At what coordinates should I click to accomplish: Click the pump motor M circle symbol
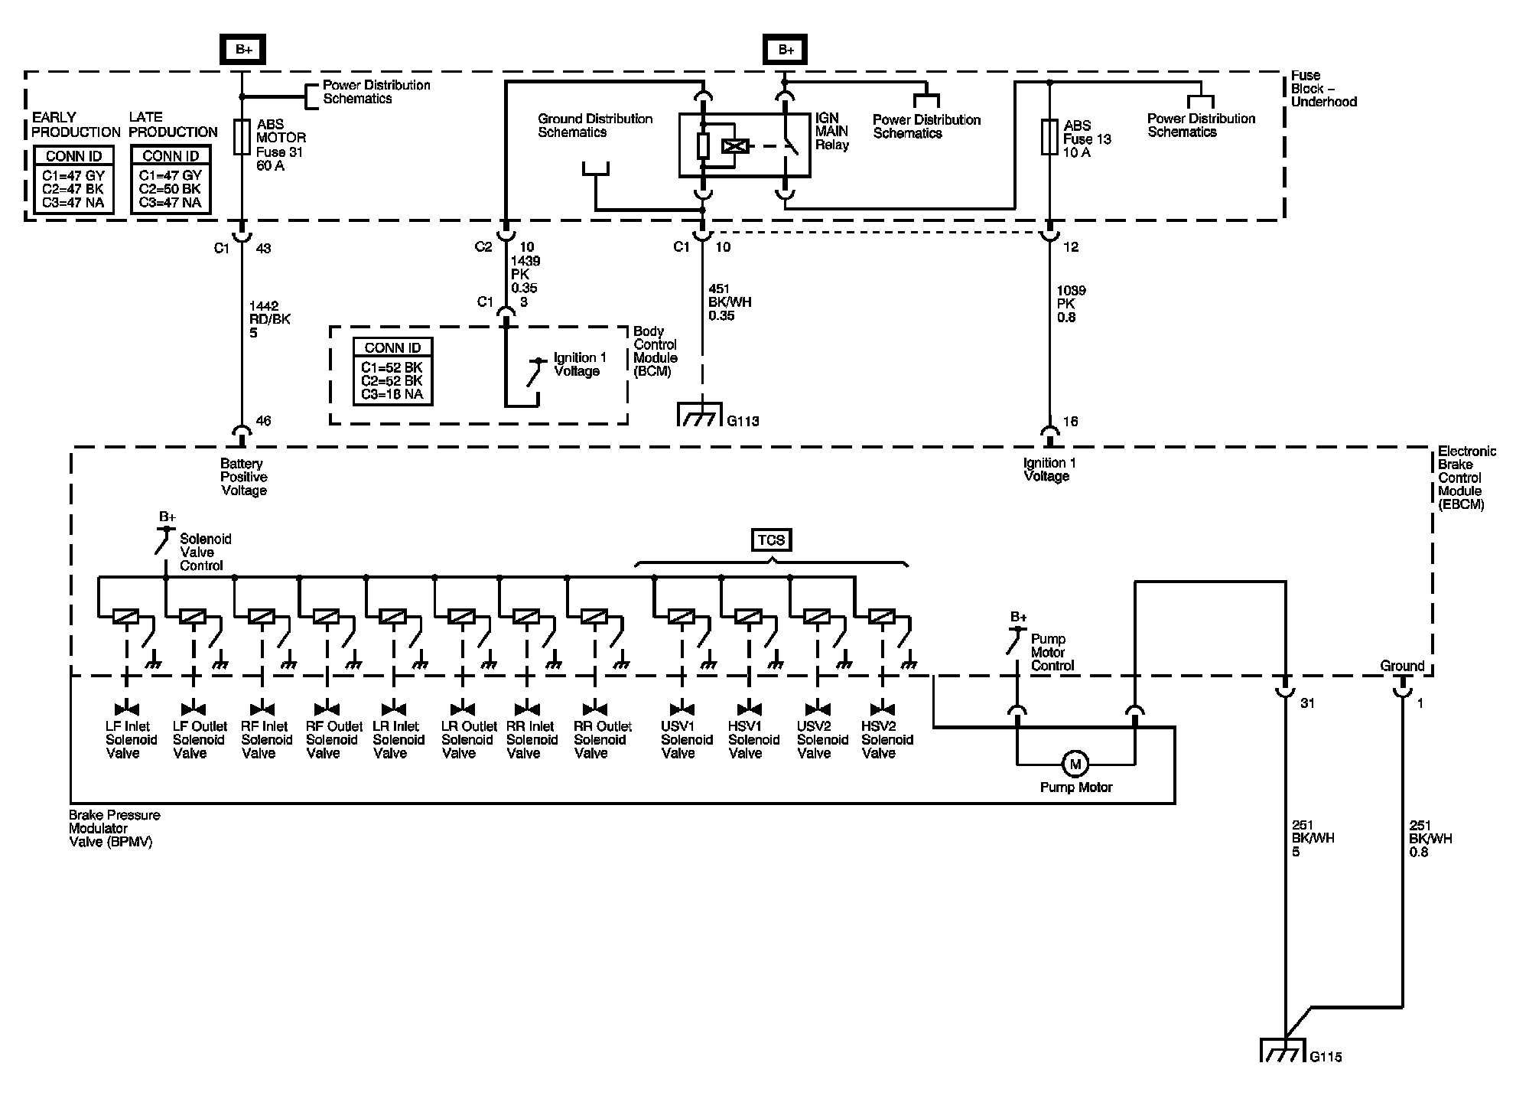(x=1075, y=764)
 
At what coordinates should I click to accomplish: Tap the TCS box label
(x=771, y=540)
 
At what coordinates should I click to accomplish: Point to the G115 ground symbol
(x=1283, y=1050)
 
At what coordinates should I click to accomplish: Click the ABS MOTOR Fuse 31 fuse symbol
(x=242, y=138)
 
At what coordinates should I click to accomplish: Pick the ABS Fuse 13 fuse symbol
(x=1049, y=136)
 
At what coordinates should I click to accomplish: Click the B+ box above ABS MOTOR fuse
(x=243, y=50)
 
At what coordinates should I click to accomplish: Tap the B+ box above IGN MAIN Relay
(x=786, y=50)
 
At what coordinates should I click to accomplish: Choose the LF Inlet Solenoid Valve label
(x=131, y=739)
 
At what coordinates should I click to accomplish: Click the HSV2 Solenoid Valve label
(x=887, y=739)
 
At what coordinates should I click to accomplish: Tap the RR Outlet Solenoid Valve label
(x=603, y=739)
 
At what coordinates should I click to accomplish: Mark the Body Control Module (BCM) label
(x=656, y=351)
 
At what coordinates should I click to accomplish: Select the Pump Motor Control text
(x=1052, y=652)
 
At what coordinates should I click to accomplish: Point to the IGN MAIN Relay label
(x=832, y=131)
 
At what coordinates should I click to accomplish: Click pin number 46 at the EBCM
(x=263, y=421)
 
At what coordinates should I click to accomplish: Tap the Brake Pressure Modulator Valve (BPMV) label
(x=114, y=828)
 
